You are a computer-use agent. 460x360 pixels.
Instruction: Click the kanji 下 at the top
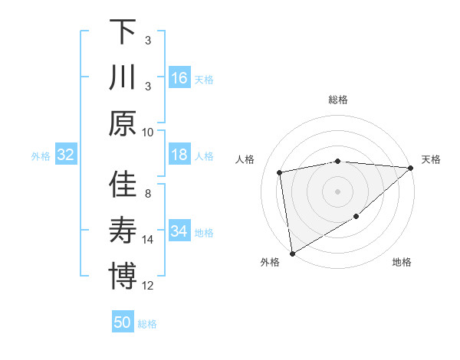pyautogui.click(x=123, y=32)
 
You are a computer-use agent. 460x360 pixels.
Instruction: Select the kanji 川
pyautogui.click(x=123, y=77)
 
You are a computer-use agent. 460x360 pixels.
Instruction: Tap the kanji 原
pyautogui.click(x=123, y=123)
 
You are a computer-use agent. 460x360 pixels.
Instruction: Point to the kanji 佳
pyautogui.click(x=123, y=185)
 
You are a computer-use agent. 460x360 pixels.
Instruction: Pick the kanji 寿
pyautogui.click(x=123, y=230)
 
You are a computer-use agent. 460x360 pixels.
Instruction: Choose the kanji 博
pyautogui.click(x=123, y=275)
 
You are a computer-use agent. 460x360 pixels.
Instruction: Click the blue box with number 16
pyautogui.click(x=179, y=77)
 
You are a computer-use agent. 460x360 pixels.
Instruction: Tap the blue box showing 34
pyautogui.click(x=179, y=231)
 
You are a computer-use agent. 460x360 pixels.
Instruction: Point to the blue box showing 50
pyautogui.click(x=123, y=322)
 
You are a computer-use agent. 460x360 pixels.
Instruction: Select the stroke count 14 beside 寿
pyautogui.click(x=148, y=240)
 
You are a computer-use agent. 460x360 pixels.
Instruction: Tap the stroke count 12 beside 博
pyautogui.click(x=148, y=286)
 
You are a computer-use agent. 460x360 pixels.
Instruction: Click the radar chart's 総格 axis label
pyautogui.click(x=338, y=100)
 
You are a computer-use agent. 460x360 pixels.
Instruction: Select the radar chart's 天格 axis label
pyautogui.click(x=432, y=159)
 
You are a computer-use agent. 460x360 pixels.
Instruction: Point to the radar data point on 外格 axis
pyautogui.click(x=292, y=254)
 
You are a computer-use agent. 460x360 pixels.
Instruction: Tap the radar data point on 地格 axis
pyautogui.click(x=356, y=218)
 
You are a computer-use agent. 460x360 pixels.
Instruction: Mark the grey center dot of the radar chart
pyautogui.click(x=338, y=191)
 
